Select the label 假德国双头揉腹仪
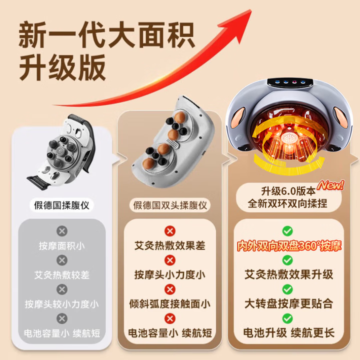170,205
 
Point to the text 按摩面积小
61,245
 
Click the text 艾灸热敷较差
61,274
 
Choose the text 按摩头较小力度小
61,303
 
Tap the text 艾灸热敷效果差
170,245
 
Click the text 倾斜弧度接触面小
170,303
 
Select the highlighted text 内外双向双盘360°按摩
288,246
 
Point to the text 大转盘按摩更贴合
288,303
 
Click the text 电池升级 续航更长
288,332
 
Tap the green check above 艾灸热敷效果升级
287,260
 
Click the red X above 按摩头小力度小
170,260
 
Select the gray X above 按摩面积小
61,231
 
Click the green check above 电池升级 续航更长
287,318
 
